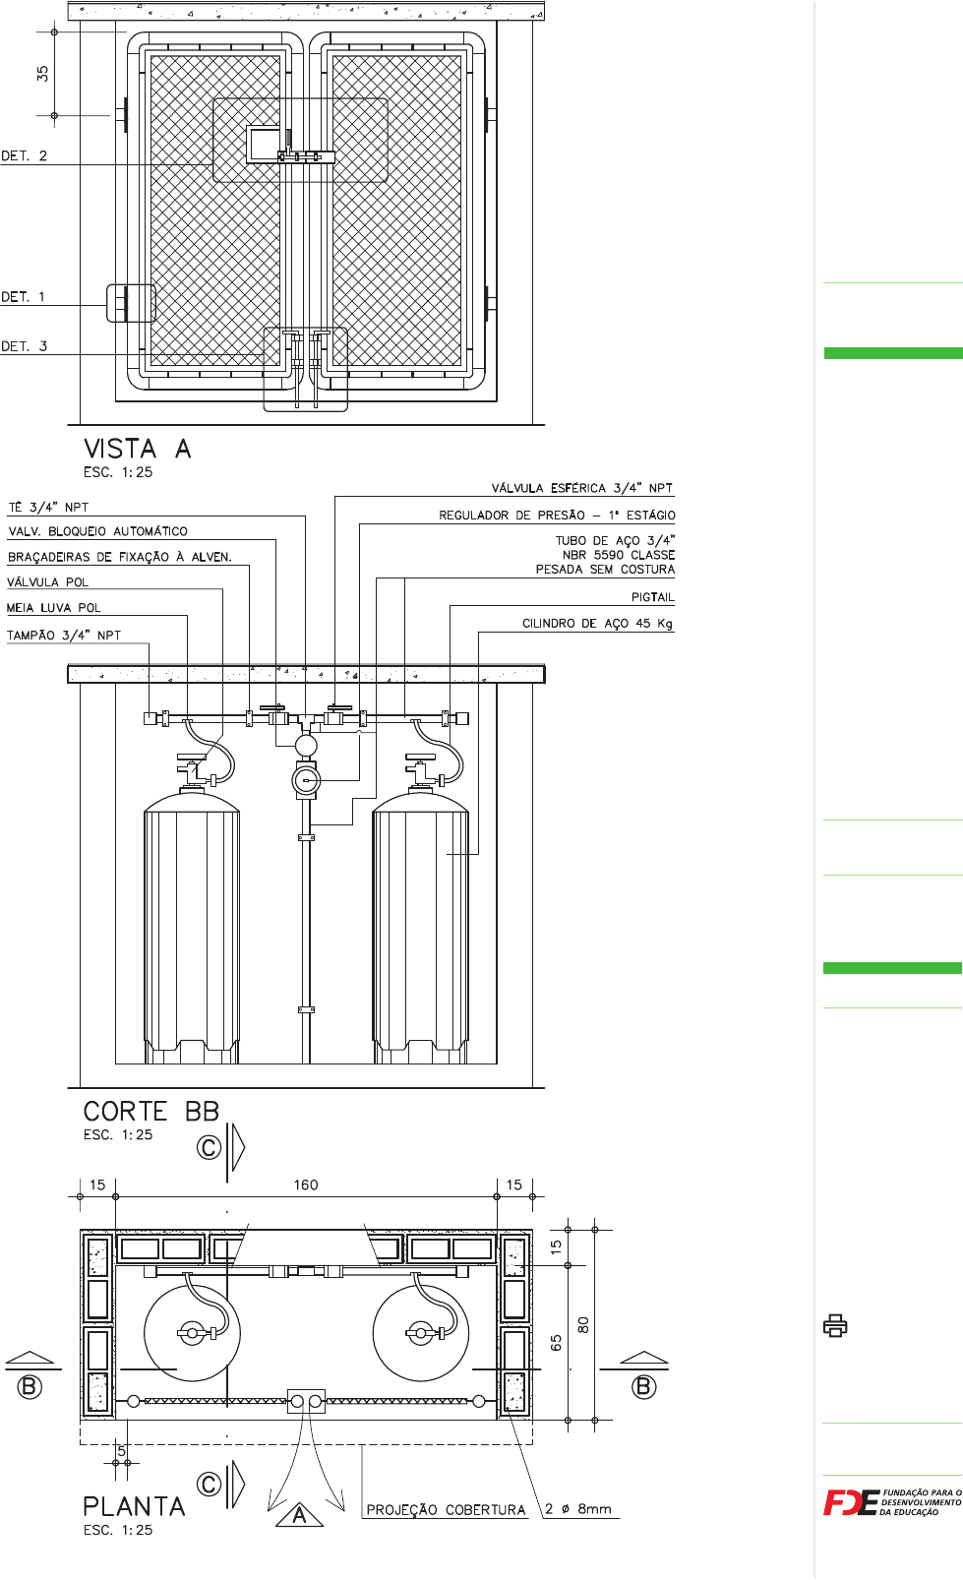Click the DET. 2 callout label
pos(24,155)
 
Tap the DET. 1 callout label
pos(23,297)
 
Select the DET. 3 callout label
pos(24,346)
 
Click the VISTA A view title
pos(138,449)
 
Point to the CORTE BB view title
pos(151,1112)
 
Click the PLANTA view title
pos(134,1506)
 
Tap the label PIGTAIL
pos(652,597)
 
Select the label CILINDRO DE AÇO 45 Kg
pos(597,624)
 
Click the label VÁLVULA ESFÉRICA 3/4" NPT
pos(582,488)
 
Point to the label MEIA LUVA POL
pos(54,608)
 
